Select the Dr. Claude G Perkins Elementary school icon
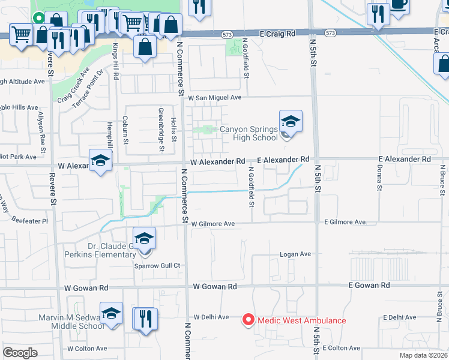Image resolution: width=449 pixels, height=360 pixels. tap(144, 239)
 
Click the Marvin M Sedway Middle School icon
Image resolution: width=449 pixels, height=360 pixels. tap(111, 314)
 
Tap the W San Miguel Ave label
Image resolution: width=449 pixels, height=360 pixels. tap(214, 97)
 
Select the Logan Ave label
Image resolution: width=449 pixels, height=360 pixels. tap(295, 254)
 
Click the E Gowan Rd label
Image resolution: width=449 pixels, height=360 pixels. tap(369, 286)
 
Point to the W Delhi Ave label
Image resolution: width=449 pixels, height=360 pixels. tap(211, 317)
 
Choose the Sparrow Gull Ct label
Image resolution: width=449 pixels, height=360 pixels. tap(157, 265)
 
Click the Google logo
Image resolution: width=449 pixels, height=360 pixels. tap(20, 353)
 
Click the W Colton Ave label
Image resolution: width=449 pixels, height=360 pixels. tap(87, 349)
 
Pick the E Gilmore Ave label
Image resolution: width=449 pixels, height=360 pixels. tap(345, 222)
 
